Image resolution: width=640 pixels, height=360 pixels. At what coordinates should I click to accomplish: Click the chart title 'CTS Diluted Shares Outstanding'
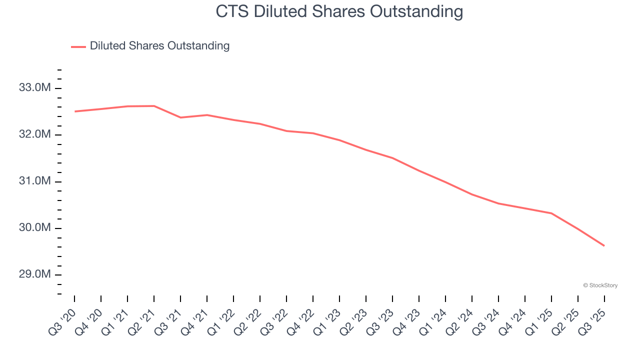click(x=339, y=11)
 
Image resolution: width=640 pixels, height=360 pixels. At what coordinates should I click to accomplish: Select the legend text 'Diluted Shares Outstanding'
click(x=159, y=46)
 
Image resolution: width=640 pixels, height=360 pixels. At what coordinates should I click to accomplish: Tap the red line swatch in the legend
click(x=78, y=46)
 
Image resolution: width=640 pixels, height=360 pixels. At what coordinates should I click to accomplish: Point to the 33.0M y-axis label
click(x=34, y=88)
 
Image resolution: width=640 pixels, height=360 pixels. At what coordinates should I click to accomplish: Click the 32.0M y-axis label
click(x=34, y=134)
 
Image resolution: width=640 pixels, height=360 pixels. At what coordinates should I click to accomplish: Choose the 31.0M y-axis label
click(x=34, y=181)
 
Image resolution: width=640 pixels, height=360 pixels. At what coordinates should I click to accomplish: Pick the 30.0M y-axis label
click(x=34, y=228)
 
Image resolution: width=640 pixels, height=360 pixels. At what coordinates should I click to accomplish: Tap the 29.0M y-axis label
click(x=34, y=274)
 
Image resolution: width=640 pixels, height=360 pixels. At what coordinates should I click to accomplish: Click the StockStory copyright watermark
click(x=600, y=285)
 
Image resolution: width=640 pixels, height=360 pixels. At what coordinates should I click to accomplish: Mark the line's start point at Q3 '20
click(x=75, y=111)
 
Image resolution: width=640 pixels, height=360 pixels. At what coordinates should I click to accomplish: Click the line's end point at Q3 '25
click(x=604, y=245)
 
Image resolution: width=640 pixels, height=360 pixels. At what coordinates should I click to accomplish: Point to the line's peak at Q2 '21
click(x=154, y=106)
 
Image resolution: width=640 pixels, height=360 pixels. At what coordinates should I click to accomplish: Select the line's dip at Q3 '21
click(x=180, y=117)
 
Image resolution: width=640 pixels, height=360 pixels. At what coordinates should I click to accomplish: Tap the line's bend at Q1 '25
click(x=551, y=213)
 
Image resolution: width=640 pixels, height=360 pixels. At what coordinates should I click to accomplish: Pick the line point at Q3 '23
click(x=392, y=158)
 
